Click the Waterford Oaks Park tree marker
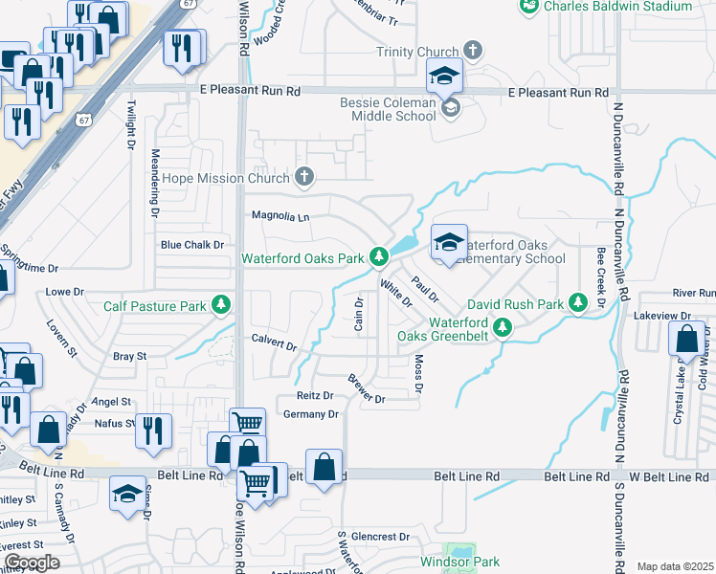coord(379,257)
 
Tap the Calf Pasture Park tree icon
coord(221,305)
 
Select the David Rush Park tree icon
coord(577,302)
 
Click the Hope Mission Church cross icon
coord(303,177)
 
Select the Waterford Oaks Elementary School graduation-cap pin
coord(447,243)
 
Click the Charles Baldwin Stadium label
coord(616,7)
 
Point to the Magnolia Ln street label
coord(280,216)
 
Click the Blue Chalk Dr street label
coord(191,245)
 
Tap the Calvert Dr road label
coord(274,342)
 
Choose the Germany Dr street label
coord(311,414)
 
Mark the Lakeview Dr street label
coord(669,315)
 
